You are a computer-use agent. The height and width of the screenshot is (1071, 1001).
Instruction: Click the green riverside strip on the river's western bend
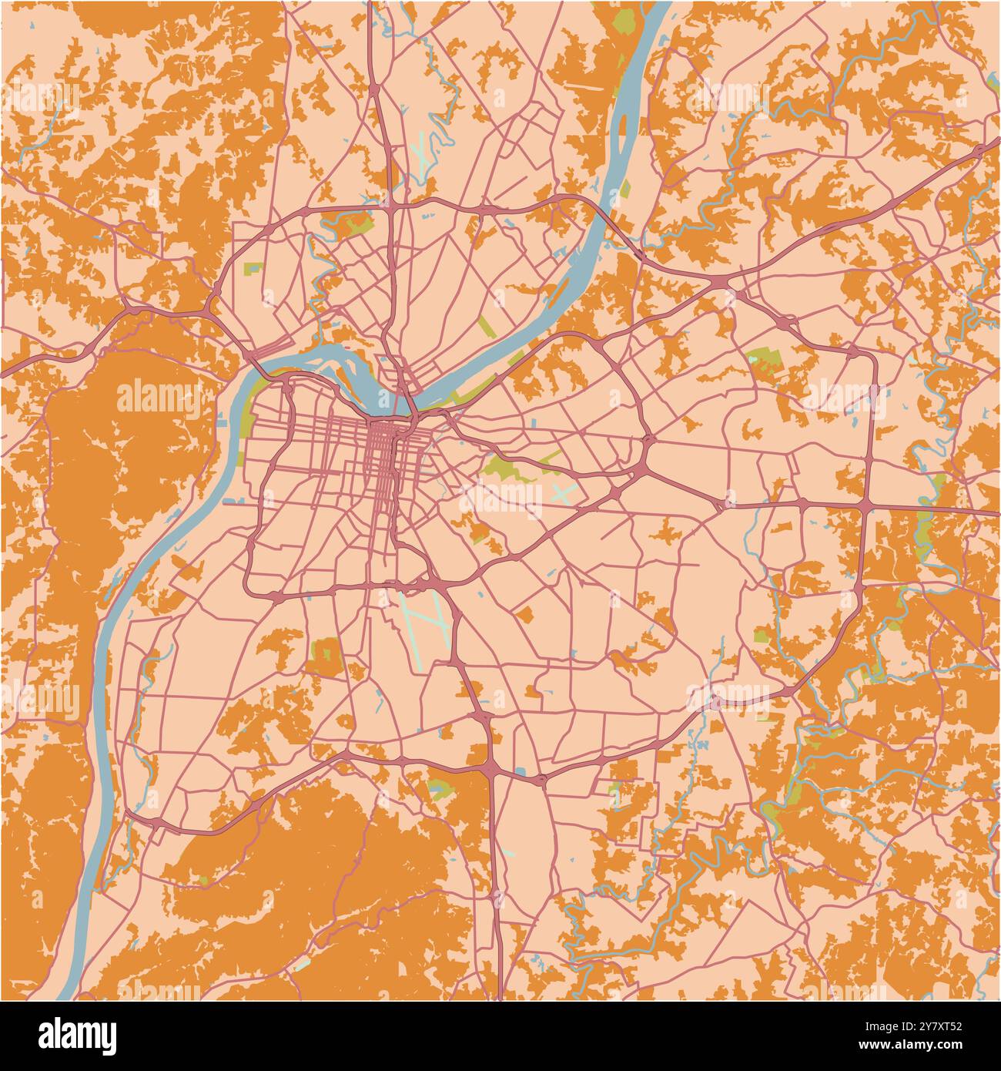(248, 416)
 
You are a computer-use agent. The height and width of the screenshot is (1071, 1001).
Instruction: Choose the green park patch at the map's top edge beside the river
(624, 19)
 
